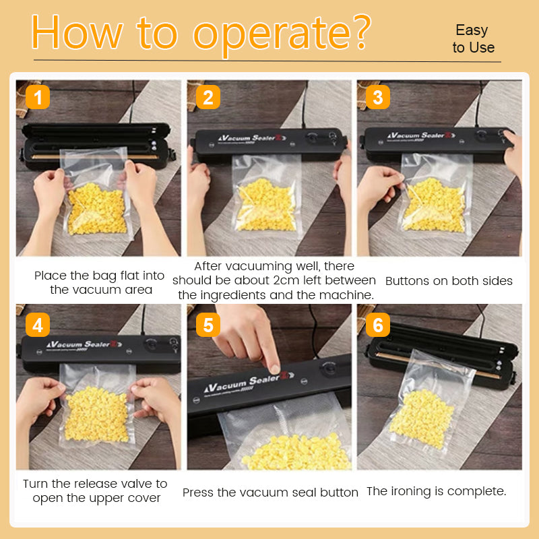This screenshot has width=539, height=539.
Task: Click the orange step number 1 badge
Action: tap(38, 98)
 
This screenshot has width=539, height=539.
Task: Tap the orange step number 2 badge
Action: tap(208, 98)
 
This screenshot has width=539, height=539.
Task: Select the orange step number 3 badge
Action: tap(377, 98)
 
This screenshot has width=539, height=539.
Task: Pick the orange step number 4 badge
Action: tap(38, 325)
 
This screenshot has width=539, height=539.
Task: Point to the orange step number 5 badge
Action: tap(208, 325)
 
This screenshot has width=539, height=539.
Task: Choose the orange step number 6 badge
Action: tap(377, 325)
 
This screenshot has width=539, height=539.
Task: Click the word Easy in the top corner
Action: tap(472, 30)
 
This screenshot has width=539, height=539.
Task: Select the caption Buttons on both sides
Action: tap(449, 281)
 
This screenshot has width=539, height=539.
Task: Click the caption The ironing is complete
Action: tap(436, 491)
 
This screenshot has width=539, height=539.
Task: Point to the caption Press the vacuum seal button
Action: tap(270, 493)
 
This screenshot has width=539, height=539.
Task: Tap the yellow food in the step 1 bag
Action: tap(97, 209)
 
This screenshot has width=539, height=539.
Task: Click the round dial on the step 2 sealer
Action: tap(311, 138)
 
